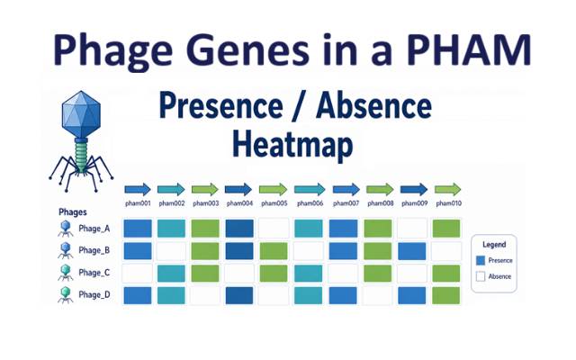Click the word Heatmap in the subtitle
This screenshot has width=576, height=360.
click(292, 145)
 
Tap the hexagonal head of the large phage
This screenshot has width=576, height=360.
click(81, 114)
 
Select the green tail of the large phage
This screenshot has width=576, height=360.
click(81, 156)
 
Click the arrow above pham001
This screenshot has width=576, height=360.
click(138, 190)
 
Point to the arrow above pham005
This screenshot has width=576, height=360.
click(274, 190)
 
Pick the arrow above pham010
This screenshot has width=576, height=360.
click(448, 190)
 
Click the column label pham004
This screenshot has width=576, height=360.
click(239, 203)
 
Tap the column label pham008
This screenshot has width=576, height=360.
click(380, 203)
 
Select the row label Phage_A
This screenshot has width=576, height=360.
click(94, 229)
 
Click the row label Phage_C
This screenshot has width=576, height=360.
click(94, 273)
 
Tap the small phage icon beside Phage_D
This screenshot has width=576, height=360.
click(66, 295)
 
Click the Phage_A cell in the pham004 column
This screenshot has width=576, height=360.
click(239, 228)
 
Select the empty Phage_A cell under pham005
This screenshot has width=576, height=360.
click(274, 228)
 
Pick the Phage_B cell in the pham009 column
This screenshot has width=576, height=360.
click(412, 251)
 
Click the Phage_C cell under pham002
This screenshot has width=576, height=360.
click(171, 274)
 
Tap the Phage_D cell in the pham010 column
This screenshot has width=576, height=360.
click(446, 295)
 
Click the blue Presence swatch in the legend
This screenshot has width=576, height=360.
click(481, 260)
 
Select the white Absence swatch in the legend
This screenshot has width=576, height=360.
click(481, 276)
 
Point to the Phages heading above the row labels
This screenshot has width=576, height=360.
click(73, 212)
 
